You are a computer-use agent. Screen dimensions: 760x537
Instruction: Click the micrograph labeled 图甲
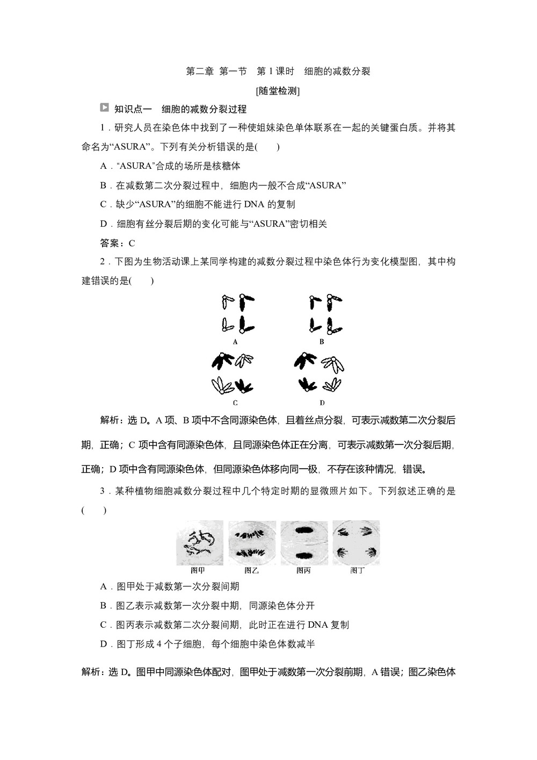[200, 542]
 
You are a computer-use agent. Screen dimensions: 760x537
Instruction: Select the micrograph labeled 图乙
[252, 542]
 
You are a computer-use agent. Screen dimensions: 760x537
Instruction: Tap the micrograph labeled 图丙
[304, 542]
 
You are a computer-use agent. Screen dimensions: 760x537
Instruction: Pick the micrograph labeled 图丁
[356, 542]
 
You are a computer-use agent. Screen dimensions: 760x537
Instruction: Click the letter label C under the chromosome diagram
[236, 403]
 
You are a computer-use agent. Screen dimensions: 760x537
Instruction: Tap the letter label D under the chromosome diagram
[322, 403]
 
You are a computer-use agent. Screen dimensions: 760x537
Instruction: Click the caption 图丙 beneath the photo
[304, 570]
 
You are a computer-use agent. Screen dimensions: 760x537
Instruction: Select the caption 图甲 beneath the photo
[198, 570]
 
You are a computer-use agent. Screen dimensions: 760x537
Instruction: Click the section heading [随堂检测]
[278, 91]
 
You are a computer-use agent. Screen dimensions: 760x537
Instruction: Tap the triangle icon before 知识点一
[105, 108]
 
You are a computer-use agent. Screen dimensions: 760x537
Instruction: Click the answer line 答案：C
[118, 243]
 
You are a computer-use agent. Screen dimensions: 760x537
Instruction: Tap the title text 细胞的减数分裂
[337, 71]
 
